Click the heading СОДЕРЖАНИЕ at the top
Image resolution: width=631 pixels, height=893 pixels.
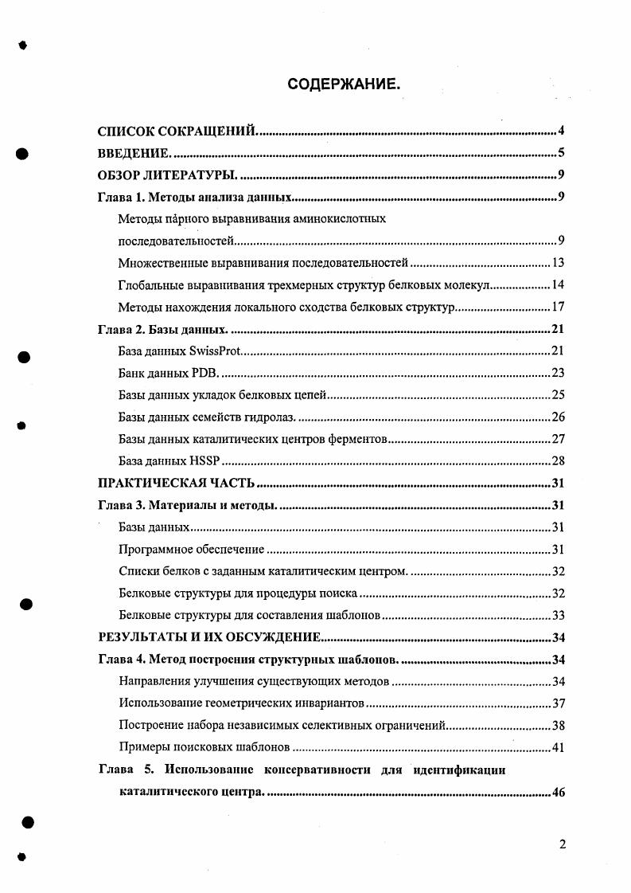(344, 83)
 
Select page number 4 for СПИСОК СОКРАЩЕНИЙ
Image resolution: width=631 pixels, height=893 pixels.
(561, 131)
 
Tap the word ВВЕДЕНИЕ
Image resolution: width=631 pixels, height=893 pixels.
(133, 154)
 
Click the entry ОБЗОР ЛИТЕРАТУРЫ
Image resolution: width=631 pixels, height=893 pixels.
(166, 176)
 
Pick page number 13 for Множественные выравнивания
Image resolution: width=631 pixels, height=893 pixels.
(557, 263)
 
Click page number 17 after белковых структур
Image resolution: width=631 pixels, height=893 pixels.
(557, 307)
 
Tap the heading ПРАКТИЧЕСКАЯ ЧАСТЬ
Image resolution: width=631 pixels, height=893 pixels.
(176, 483)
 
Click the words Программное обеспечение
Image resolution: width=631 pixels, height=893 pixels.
(191, 549)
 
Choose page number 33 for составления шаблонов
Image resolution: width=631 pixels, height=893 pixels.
(557, 615)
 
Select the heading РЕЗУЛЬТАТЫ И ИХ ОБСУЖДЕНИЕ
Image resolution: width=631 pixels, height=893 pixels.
(208, 636)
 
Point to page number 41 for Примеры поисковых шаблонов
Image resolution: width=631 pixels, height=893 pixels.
(557, 747)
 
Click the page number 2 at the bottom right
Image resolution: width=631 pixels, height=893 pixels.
(563, 844)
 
